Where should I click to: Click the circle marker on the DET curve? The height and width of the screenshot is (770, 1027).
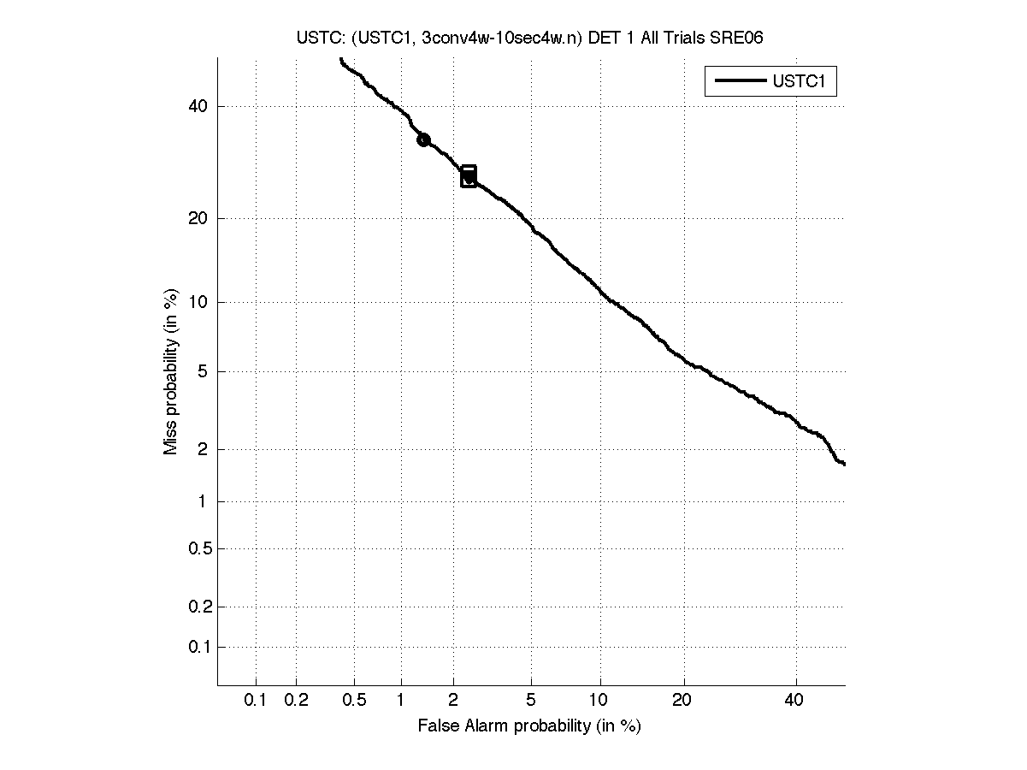(x=423, y=139)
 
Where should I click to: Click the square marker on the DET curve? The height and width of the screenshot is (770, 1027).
(x=469, y=176)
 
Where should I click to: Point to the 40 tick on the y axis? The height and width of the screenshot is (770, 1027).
(x=198, y=106)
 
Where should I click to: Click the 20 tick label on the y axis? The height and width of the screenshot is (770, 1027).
(x=198, y=218)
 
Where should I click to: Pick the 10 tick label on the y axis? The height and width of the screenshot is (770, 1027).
(x=198, y=302)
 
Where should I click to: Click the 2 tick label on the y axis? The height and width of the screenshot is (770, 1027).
(x=203, y=449)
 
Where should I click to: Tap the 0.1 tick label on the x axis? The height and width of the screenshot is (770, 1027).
(x=256, y=701)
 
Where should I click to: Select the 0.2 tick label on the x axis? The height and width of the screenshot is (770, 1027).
(x=296, y=701)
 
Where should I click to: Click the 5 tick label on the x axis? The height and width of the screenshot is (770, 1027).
(x=531, y=701)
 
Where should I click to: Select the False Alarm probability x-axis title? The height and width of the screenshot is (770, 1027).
(x=529, y=726)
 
